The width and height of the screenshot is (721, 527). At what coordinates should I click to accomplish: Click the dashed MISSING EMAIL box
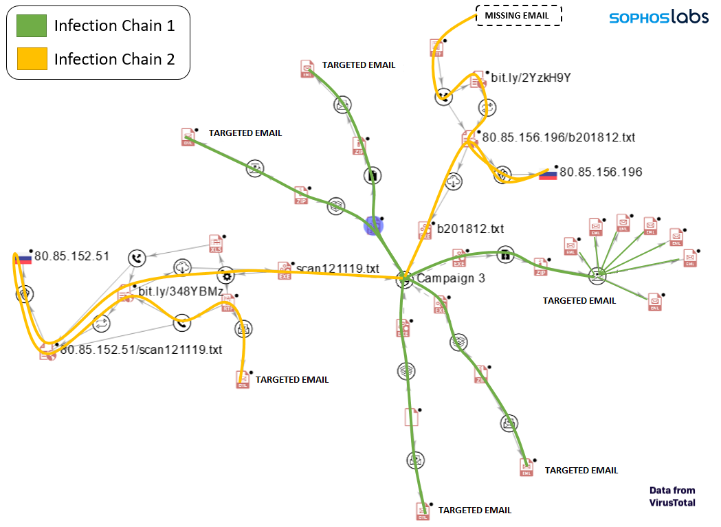coord(519,15)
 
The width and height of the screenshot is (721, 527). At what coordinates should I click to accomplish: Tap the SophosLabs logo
coord(658,17)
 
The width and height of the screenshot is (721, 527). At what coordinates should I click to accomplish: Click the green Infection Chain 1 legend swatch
coord(32,25)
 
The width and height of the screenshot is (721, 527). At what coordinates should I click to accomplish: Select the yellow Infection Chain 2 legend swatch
coord(32,59)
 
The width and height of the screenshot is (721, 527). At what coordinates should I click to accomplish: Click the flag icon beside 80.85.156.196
coord(548,174)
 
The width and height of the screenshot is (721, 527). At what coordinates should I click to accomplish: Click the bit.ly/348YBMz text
coord(181,292)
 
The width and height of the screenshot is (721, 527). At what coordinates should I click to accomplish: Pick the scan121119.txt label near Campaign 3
coord(337,268)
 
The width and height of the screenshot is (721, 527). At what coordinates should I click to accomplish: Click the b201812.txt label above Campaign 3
coord(471,228)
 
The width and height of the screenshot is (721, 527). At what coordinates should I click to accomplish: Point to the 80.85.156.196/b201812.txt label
coord(558,137)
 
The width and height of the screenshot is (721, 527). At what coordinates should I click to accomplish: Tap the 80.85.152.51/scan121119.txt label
coord(141,350)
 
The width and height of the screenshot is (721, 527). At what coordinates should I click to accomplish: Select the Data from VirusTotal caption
coord(672,496)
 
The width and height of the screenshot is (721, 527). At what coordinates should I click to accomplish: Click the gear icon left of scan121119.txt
coord(225,276)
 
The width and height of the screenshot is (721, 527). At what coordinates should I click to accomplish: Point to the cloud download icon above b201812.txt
coord(454,182)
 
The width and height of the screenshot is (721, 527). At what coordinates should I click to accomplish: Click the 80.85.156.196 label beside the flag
coord(601,172)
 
